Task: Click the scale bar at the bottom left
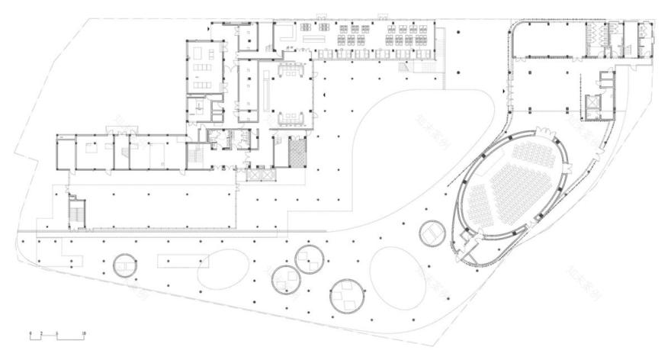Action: tap(56, 336)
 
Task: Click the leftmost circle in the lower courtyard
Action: tap(124, 265)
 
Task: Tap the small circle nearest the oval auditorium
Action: tap(432, 231)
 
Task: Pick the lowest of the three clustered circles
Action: tap(346, 295)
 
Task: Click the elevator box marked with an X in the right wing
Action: tap(592, 104)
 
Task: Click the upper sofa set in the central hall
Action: tap(293, 68)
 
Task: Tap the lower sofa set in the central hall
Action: tap(293, 117)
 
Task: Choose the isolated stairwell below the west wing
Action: tap(76, 211)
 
